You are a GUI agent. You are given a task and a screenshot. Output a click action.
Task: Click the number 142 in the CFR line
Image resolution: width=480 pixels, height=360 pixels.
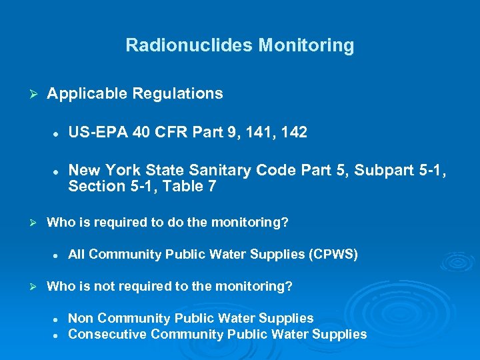pyautogui.click(x=293, y=133)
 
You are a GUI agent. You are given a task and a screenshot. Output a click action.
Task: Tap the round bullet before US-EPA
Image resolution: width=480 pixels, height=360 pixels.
pyautogui.click(x=57, y=133)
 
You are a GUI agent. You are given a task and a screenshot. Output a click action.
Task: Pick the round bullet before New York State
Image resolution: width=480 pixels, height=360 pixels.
pyautogui.click(x=57, y=171)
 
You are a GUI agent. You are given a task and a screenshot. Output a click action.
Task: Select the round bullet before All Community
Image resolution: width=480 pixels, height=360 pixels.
pyautogui.click(x=57, y=255)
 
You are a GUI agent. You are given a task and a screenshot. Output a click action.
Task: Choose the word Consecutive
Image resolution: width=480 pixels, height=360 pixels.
pyautogui.click(x=107, y=335)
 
